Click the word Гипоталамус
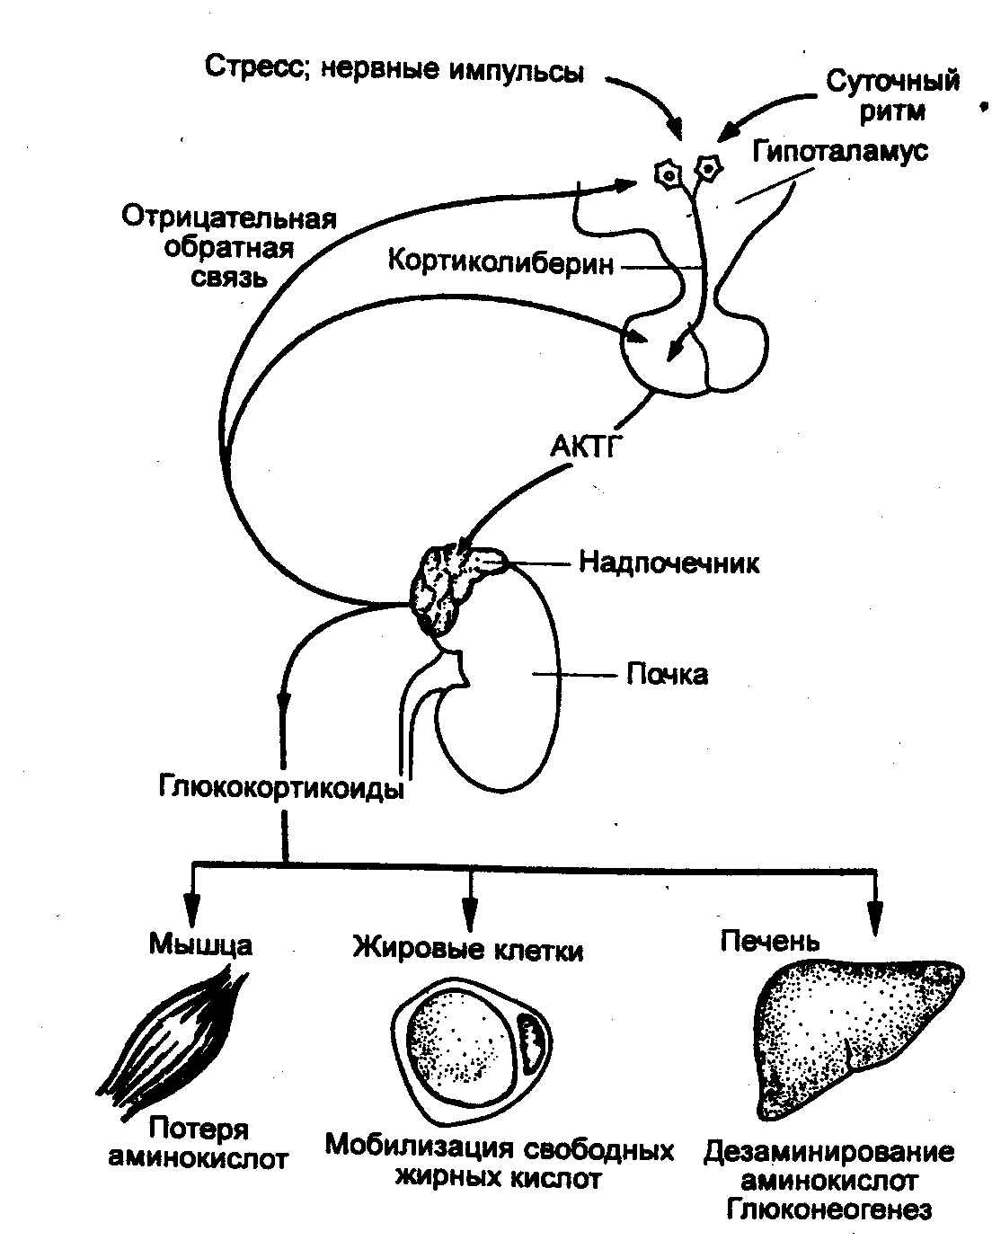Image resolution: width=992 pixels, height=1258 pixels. (x=840, y=151)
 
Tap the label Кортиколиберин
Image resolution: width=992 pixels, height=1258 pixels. (x=501, y=262)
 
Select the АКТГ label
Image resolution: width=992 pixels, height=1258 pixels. (x=584, y=447)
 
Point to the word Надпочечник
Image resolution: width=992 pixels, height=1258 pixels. (x=669, y=563)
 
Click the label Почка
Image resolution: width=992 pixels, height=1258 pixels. (x=667, y=675)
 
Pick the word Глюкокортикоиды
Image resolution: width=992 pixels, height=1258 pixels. (x=281, y=787)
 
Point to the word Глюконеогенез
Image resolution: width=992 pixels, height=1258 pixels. (x=829, y=1209)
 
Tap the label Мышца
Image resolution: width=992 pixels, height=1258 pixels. (x=200, y=944)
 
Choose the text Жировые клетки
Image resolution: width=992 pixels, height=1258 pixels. (x=467, y=948)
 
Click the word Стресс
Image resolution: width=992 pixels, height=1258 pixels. (x=254, y=66)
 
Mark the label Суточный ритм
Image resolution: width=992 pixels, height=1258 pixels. (x=892, y=95)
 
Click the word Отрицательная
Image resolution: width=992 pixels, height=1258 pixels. (x=229, y=217)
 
